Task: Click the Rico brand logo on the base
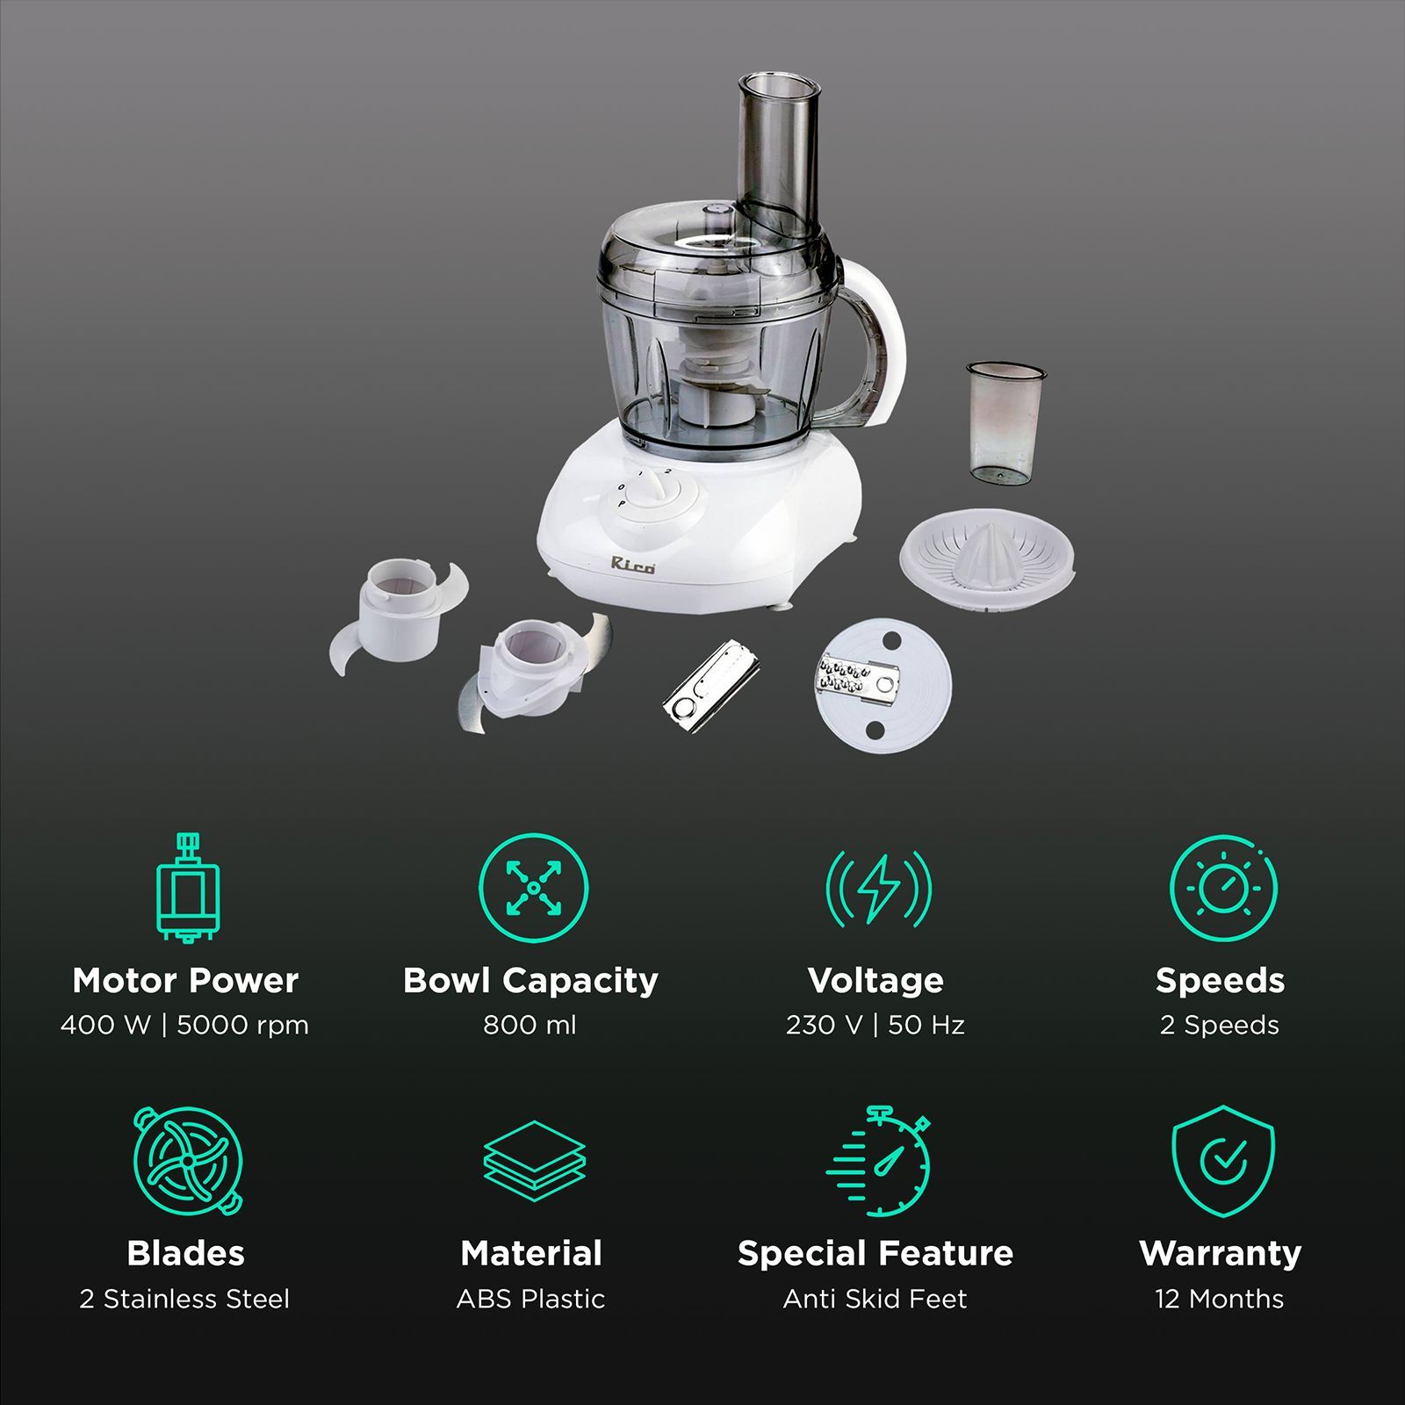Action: point(632,565)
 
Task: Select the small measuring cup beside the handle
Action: point(1005,423)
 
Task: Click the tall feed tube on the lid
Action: point(780,158)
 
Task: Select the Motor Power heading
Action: point(185,980)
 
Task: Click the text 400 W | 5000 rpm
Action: point(185,1025)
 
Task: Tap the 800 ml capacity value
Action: point(530,1025)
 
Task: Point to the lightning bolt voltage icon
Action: point(877,889)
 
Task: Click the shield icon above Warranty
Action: point(1222,1161)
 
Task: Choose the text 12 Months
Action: point(1220,1299)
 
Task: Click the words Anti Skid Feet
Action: point(875,1299)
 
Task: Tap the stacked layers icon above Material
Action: point(534,1161)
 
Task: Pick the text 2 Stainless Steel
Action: point(184,1299)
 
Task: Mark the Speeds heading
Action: point(1220,980)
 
